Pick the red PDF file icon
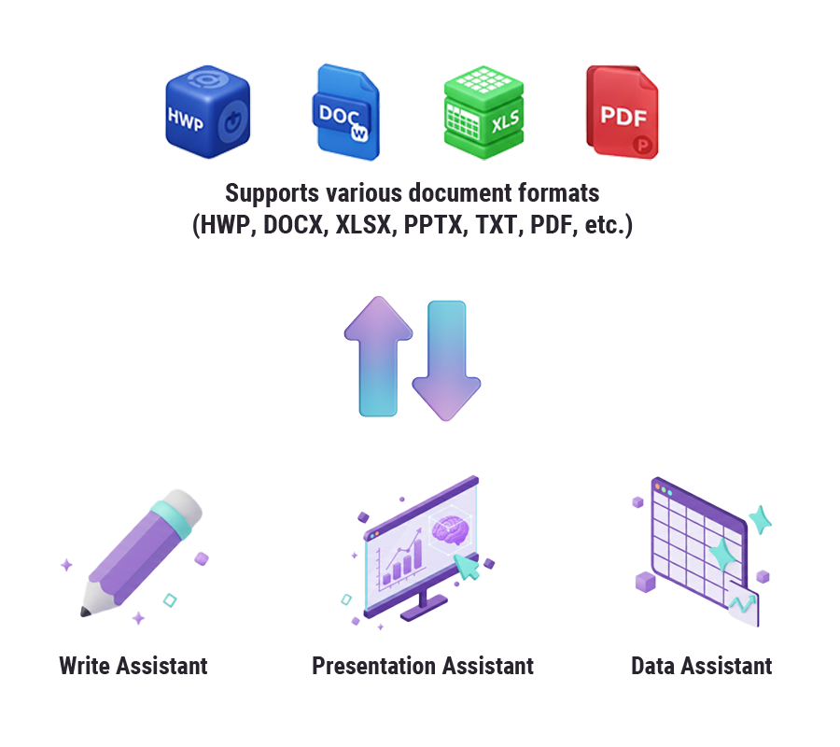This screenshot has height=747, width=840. (622, 111)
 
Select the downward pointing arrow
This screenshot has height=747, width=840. (445, 359)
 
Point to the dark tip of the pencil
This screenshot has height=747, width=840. (86, 613)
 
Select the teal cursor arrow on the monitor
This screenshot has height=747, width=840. (467, 565)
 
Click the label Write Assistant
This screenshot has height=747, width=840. (133, 666)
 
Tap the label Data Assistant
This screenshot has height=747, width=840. (701, 666)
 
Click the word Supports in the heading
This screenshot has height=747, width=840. (272, 193)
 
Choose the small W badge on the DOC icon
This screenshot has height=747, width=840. (357, 134)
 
